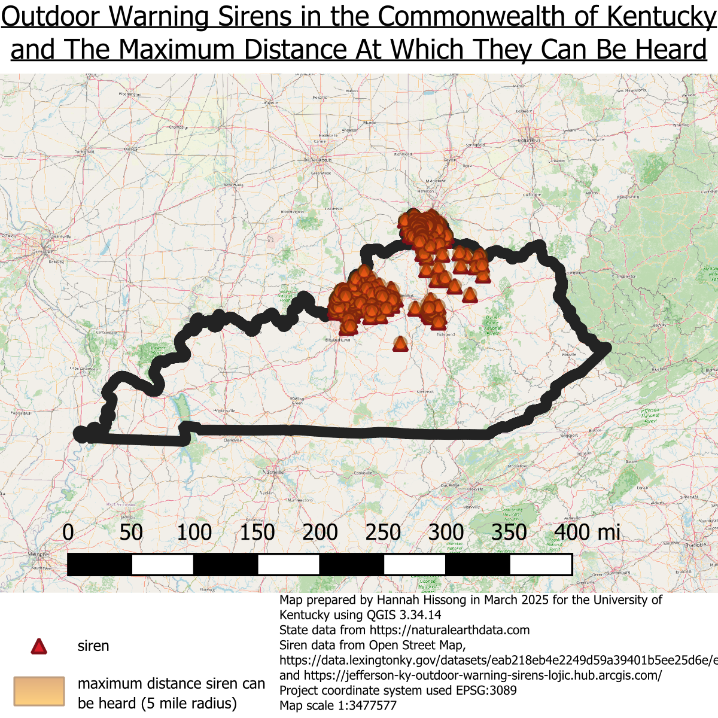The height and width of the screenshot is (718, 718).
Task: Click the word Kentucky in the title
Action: [x=661, y=17]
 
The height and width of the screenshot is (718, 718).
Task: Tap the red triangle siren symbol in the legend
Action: [x=39, y=647]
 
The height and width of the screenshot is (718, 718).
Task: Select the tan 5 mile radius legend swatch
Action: [x=39, y=692]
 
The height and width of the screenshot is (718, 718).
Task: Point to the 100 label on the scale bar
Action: [x=194, y=532]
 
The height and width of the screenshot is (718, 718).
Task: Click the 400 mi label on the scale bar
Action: [x=587, y=532]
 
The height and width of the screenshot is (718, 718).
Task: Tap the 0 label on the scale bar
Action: [x=68, y=532]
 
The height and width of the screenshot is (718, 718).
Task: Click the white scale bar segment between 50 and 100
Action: [x=162, y=564]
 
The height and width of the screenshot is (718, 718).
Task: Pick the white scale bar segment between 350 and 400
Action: [x=540, y=564]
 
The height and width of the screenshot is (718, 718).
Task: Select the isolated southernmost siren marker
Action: [x=400, y=343]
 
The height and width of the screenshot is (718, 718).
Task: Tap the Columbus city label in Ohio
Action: [x=530, y=141]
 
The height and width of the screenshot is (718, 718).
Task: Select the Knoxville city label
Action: [x=474, y=489]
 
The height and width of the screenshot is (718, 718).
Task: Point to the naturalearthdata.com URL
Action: [x=449, y=630]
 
